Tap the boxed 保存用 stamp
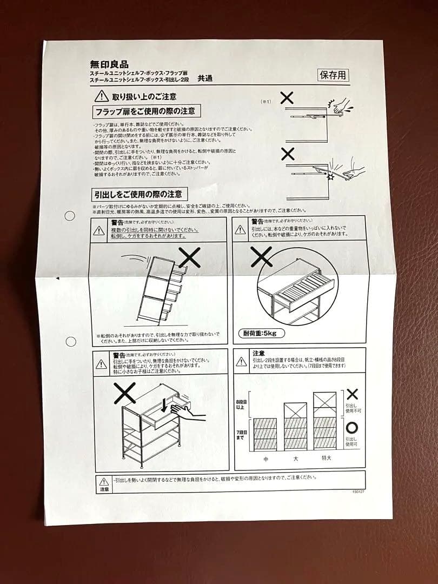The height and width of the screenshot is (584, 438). tap(333, 75)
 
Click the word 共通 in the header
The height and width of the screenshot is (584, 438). tap(205, 78)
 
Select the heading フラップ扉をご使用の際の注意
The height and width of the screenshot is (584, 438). tap(144, 112)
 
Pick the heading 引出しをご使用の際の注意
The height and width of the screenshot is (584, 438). tap(138, 194)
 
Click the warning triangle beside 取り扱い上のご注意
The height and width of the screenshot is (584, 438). tap(101, 97)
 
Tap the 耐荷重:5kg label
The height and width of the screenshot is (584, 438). tap(260, 333)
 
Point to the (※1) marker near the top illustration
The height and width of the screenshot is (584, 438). tap(266, 102)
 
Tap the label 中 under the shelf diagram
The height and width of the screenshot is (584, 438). tap(266, 459)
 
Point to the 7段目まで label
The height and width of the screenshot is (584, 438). tap(242, 434)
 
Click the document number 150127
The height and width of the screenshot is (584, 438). tap(357, 492)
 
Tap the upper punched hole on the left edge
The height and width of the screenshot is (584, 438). tap(70, 215)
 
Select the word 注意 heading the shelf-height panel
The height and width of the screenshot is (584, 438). tap(258, 353)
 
